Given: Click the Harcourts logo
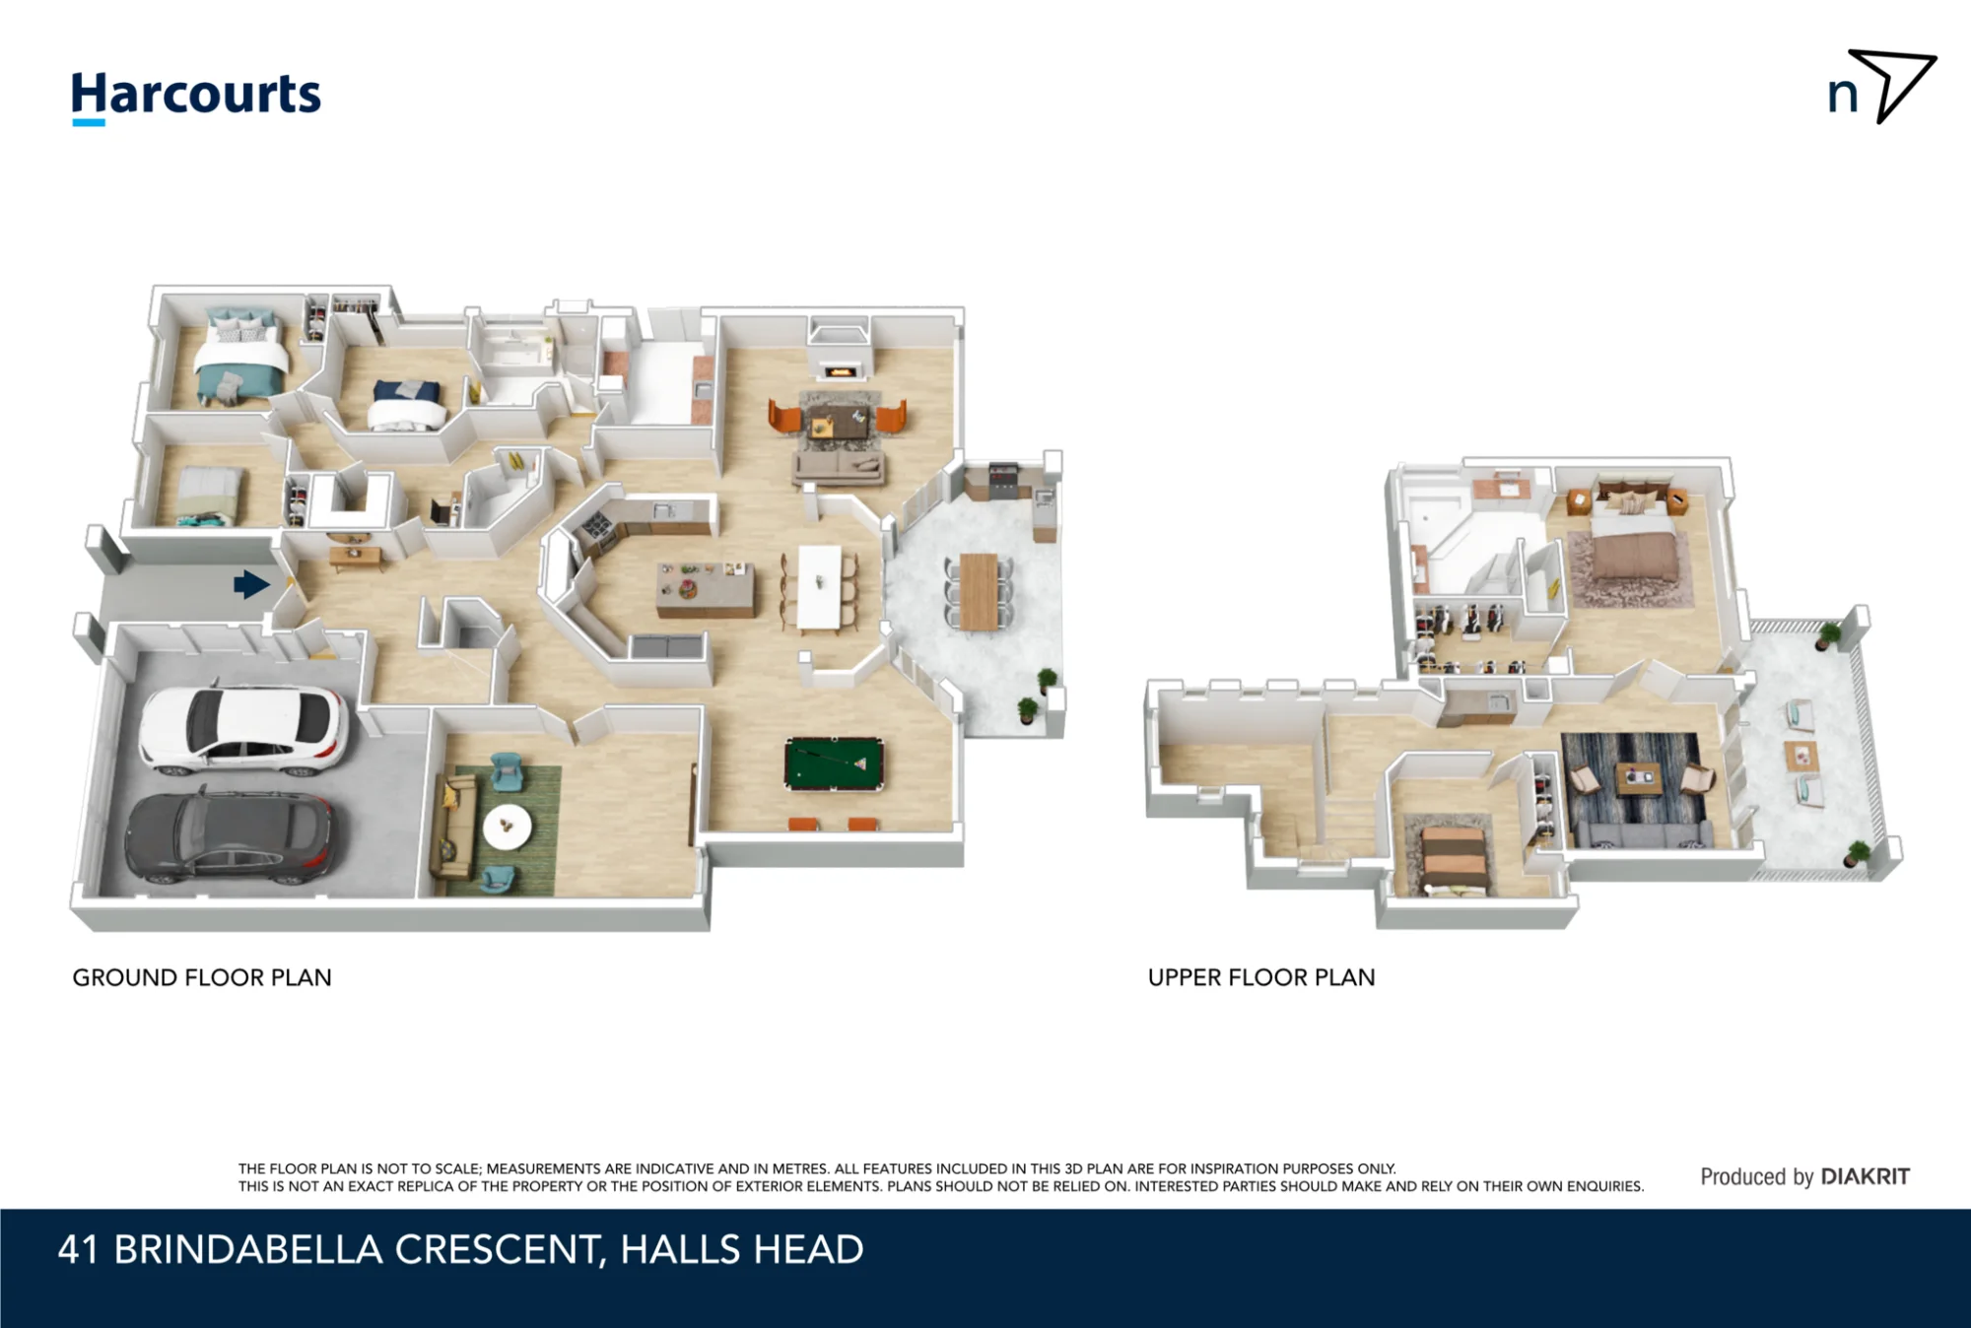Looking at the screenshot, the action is point(196,98).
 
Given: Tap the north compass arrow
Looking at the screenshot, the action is point(1892,86).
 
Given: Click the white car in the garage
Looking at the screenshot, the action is point(243,728).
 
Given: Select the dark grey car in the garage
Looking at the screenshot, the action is point(233,837).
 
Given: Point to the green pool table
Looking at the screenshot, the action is point(834,764).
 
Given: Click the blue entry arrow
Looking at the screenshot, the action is point(251,584).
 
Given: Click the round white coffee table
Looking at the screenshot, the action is point(508,827).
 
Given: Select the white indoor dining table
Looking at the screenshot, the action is point(819,588).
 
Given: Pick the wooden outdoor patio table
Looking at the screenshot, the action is point(979,591).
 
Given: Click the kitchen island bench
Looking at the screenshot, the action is point(705,589).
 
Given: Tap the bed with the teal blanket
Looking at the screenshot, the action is point(240,360).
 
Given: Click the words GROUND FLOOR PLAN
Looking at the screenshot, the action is point(202,977).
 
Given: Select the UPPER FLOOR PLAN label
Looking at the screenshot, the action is point(1261,977).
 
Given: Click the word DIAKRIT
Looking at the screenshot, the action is point(1865,1176).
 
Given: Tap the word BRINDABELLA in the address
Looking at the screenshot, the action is point(248,1249).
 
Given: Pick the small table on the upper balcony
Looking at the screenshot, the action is point(1801,756).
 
